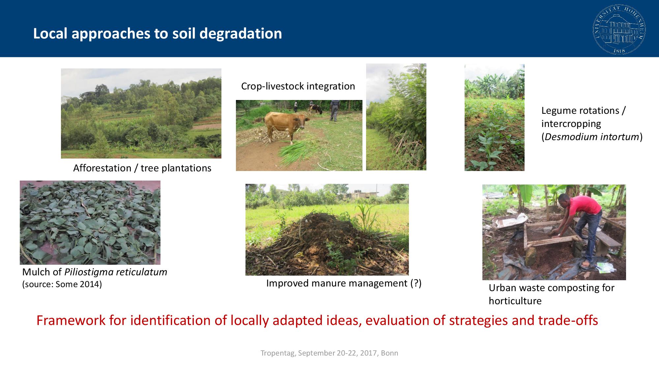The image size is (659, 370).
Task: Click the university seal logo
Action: pos(619,29)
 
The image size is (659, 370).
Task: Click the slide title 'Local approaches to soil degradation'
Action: pos(158,34)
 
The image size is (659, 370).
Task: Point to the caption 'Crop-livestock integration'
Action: pos(298,86)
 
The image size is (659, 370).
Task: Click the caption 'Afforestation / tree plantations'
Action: pos(142,168)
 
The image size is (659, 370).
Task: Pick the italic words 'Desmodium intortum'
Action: pos(592,137)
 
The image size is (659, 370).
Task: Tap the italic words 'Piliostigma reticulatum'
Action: pos(116,272)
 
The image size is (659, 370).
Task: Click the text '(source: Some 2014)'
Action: pos(62,284)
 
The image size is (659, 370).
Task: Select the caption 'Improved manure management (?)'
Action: pos(344,283)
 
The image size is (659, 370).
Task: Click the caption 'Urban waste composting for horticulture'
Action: pos(551,294)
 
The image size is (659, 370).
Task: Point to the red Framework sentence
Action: pos(317,320)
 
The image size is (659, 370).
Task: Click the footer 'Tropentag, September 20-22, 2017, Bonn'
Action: pos(329,353)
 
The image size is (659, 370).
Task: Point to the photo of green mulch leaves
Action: pos(90,223)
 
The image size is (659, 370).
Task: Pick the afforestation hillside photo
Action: pos(141,113)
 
